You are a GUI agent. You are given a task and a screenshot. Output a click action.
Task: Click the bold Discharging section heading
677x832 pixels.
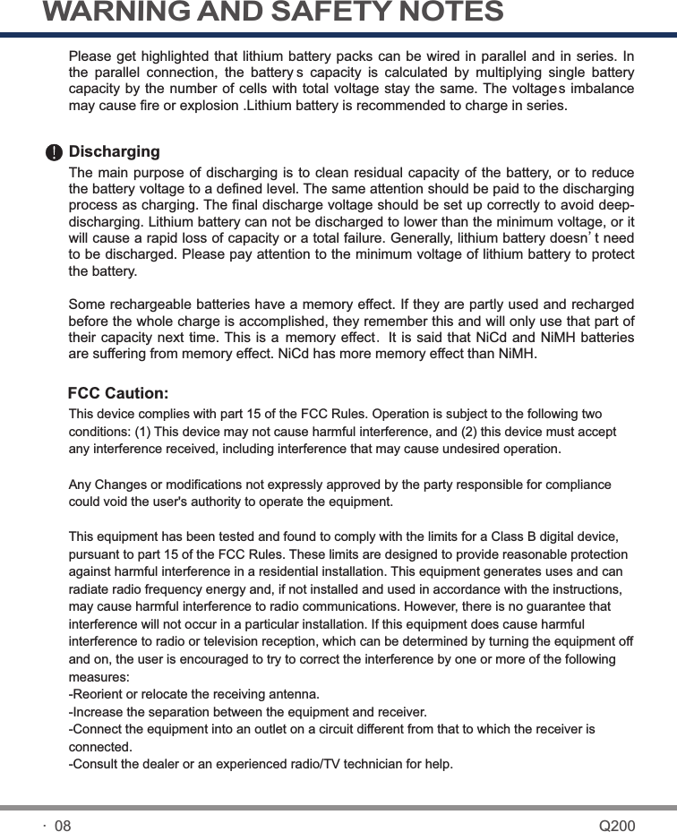[x=115, y=152]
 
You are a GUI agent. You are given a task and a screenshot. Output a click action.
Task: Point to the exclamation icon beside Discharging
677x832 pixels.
[x=56, y=153]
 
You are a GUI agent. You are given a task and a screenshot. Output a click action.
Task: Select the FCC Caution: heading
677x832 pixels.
[x=118, y=394]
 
